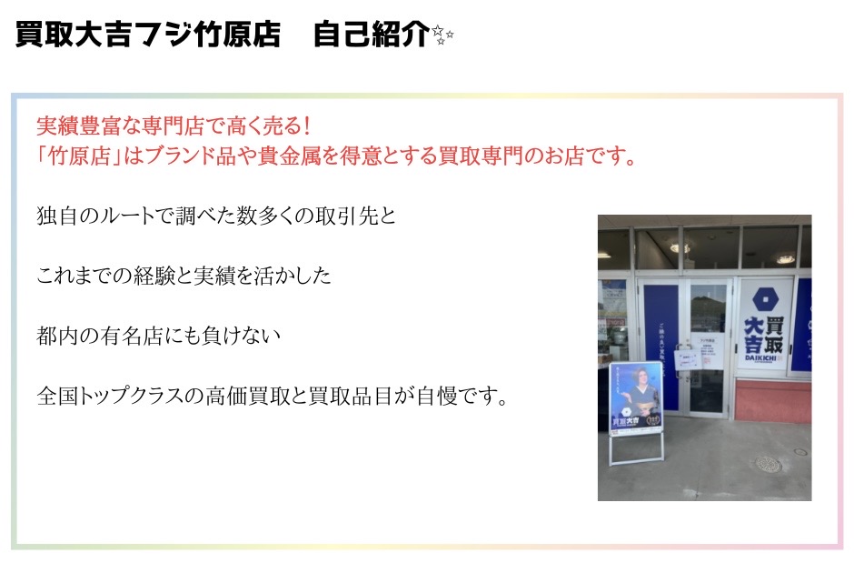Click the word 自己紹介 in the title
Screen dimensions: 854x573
[x=371, y=34]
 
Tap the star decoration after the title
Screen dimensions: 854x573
[x=442, y=35]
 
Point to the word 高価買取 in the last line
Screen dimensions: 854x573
[x=248, y=396]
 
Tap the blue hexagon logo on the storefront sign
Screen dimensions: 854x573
[x=765, y=298]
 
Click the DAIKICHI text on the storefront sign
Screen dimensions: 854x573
[x=760, y=357]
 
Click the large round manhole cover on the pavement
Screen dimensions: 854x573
[x=769, y=465]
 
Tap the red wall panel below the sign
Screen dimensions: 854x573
[x=773, y=401]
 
